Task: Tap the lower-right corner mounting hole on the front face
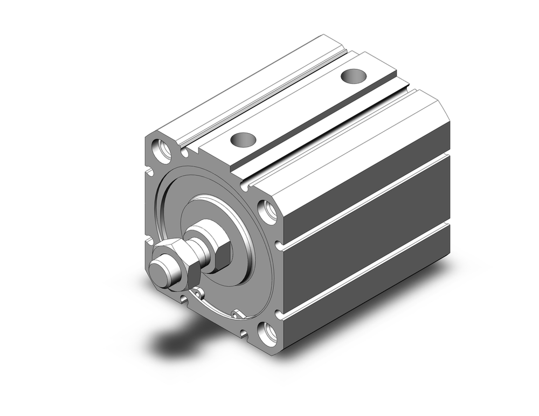[268, 334]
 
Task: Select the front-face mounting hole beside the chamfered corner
[268, 212]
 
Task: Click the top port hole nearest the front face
[243, 139]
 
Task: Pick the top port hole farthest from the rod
[354, 76]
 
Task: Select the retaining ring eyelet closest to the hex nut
[198, 293]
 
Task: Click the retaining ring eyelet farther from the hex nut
[237, 313]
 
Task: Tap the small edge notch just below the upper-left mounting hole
[149, 172]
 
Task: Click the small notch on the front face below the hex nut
[185, 298]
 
